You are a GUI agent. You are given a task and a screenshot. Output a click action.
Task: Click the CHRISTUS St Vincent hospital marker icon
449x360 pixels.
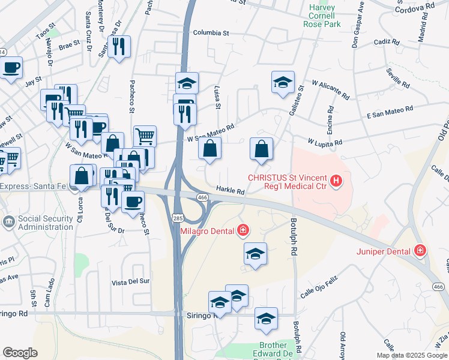(x=336, y=180)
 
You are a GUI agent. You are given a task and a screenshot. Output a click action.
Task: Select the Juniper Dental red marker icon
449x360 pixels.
(x=420, y=251)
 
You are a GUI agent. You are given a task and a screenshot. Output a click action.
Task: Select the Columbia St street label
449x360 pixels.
(x=211, y=34)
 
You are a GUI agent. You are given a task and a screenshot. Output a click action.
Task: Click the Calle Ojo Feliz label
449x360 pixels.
(x=320, y=286)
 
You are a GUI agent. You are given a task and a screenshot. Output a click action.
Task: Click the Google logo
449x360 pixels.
(x=19, y=353)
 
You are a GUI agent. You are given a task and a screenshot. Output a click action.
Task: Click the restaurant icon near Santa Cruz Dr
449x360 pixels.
(x=119, y=47)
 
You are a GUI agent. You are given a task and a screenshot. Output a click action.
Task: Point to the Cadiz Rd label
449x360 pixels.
(x=386, y=43)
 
